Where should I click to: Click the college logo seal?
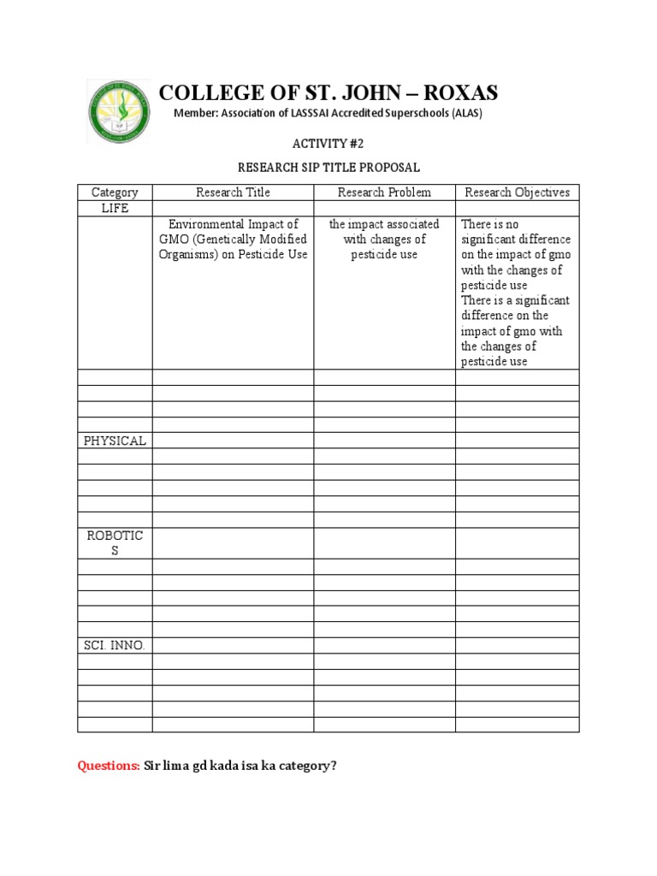tap(119, 111)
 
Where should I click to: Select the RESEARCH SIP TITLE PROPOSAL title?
tap(328, 168)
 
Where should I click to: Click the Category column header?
tap(115, 192)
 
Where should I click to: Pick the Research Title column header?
tap(233, 192)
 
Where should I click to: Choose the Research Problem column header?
tap(384, 192)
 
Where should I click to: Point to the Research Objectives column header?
tap(517, 192)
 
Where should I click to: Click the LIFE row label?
tap(115, 209)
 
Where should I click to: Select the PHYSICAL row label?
tap(115, 441)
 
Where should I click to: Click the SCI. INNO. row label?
tap(115, 646)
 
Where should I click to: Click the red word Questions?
tap(109, 766)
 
